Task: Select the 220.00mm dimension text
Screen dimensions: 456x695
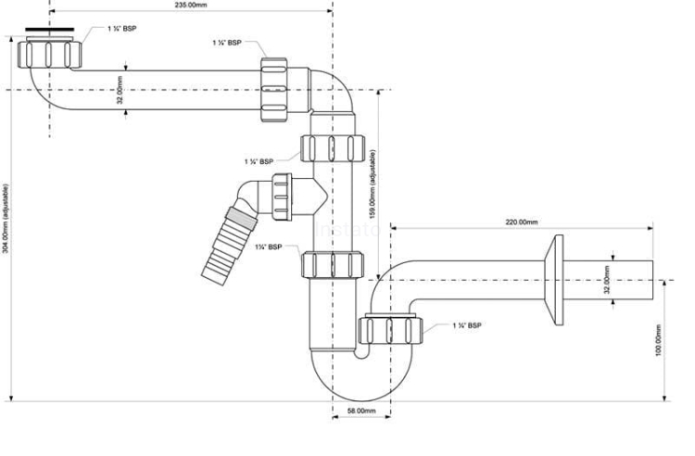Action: click(x=522, y=222)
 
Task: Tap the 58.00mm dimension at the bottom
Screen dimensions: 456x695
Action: click(x=360, y=410)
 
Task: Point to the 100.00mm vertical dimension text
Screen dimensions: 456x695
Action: click(x=659, y=340)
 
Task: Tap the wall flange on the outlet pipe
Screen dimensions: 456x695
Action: click(x=557, y=278)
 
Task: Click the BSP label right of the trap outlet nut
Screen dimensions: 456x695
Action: click(x=466, y=326)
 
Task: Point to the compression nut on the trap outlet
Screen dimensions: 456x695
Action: click(x=389, y=329)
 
